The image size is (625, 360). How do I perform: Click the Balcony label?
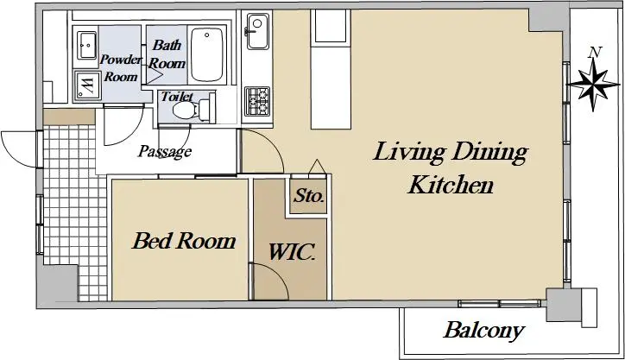(x=483, y=331)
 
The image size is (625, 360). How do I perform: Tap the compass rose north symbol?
(x=594, y=84)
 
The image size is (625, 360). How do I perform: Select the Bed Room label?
(x=184, y=241)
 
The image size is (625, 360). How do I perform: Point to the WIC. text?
(x=292, y=252)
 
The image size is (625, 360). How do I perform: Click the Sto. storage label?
(x=309, y=196)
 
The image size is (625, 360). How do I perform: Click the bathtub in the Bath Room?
(x=206, y=54)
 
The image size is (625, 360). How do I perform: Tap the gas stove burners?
(x=257, y=101)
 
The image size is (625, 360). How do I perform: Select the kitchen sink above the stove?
(x=257, y=31)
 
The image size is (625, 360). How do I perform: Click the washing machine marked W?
(x=87, y=85)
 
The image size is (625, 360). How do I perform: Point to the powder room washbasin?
(x=86, y=45)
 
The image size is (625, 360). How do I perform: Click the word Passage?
(x=165, y=151)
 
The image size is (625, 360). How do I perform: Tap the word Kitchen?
(x=451, y=185)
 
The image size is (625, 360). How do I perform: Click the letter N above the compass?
(x=595, y=52)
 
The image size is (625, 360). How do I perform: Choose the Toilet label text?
(x=177, y=96)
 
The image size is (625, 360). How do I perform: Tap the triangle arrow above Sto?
(x=318, y=167)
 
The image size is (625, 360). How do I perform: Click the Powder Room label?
(x=120, y=68)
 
